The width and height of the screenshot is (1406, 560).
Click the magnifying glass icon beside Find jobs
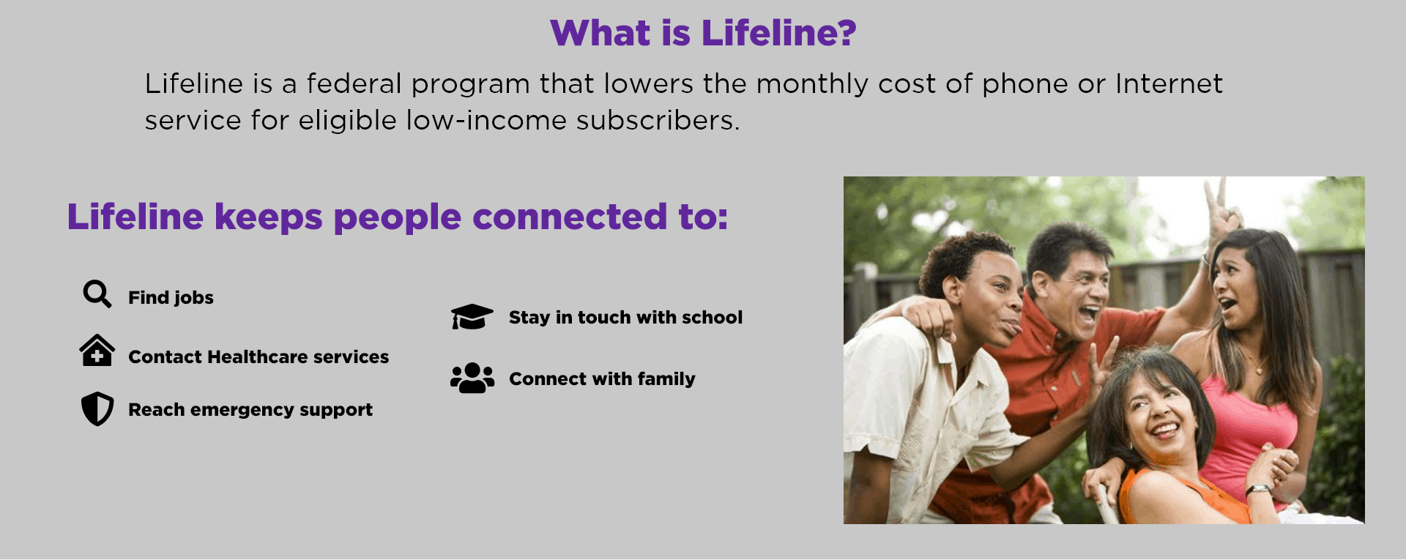click(x=97, y=294)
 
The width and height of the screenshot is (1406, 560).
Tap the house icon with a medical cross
click(x=97, y=351)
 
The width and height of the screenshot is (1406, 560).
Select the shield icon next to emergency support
click(x=97, y=408)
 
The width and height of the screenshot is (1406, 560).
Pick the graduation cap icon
click(x=472, y=317)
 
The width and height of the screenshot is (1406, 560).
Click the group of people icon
click(x=472, y=378)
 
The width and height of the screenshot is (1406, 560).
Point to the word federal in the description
click(x=354, y=84)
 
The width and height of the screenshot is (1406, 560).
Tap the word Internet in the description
click(x=1169, y=84)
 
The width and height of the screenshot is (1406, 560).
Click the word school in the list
click(x=712, y=318)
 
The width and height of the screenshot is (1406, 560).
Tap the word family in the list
click(x=666, y=379)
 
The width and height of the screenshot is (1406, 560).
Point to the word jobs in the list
click(x=193, y=298)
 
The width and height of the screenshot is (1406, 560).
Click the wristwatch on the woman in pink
click(x=1257, y=489)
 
